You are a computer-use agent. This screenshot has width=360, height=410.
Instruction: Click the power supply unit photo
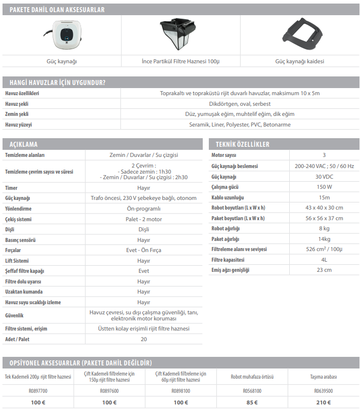(x=63, y=34)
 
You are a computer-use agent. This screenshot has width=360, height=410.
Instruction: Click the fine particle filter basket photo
(x=180, y=34)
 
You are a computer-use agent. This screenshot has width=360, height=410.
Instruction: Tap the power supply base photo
(x=299, y=34)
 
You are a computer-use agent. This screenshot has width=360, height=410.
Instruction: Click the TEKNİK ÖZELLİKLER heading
(x=242, y=144)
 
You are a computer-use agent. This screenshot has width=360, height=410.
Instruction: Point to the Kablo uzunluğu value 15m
(x=324, y=197)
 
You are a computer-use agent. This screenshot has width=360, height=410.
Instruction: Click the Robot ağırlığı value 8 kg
(x=324, y=228)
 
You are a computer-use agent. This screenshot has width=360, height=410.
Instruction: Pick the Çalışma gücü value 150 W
(x=324, y=187)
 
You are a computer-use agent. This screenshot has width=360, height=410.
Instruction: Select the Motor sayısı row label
(x=224, y=155)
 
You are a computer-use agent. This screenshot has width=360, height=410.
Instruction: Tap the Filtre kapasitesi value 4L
(x=324, y=260)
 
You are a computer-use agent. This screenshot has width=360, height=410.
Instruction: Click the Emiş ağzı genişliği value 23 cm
(x=324, y=270)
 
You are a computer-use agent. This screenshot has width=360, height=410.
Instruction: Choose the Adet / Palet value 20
(x=144, y=339)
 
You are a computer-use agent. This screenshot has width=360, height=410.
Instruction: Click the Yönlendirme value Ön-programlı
(x=144, y=209)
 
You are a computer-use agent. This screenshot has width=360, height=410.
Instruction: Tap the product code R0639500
(x=324, y=391)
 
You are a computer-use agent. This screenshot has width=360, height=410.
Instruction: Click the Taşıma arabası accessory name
(x=324, y=377)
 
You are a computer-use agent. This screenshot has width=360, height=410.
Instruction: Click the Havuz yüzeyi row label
(x=20, y=124)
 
